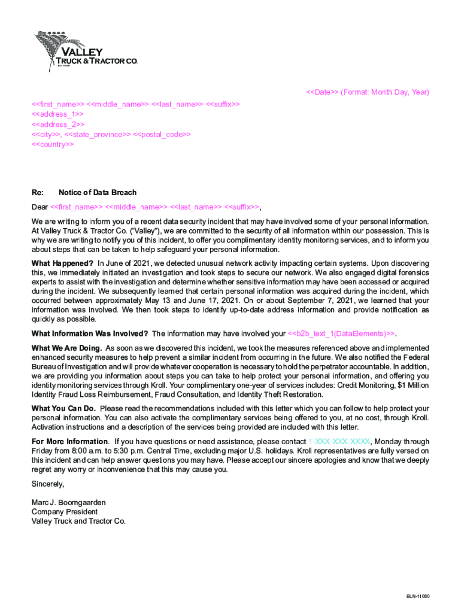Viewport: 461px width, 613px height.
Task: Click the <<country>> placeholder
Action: tap(53, 145)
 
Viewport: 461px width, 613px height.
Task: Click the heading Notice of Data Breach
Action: tap(98, 193)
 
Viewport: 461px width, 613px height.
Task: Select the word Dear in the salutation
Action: tap(40, 208)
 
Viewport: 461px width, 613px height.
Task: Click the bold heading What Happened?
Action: tap(62, 263)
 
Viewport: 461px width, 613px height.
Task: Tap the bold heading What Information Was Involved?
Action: tap(90, 333)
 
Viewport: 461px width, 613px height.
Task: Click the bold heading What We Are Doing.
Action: tap(66, 348)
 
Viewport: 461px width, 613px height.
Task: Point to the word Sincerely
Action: tap(47, 484)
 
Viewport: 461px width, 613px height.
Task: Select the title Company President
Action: tap(65, 512)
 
